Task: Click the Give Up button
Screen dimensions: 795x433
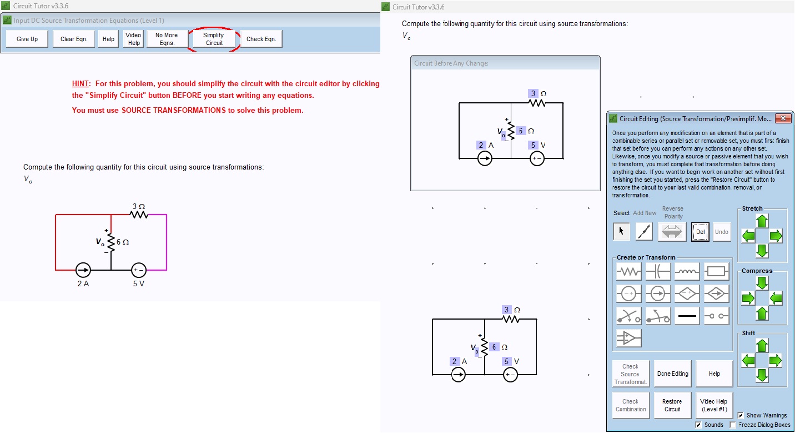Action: [x=27, y=39]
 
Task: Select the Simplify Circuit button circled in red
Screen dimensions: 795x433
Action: [x=213, y=39]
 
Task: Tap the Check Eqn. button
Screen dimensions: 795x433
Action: [x=261, y=39]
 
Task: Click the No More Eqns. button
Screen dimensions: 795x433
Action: [x=167, y=39]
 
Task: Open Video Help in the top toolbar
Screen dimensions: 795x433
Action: [x=133, y=39]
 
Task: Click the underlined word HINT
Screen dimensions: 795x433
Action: [x=80, y=83]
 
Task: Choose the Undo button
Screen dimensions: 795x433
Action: [x=722, y=232]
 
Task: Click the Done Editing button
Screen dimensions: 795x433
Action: [x=672, y=374]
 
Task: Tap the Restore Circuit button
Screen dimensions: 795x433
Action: [x=672, y=405]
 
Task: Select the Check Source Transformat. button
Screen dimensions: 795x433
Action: [x=631, y=374]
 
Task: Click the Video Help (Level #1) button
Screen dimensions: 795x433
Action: [x=714, y=405]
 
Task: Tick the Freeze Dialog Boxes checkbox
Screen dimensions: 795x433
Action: [x=733, y=425]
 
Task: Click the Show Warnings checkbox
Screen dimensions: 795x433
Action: [x=741, y=415]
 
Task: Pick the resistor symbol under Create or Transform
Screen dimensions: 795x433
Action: [x=628, y=272]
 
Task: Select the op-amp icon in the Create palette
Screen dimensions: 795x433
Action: [x=628, y=338]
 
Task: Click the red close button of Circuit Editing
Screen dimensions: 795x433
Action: [x=783, y=118]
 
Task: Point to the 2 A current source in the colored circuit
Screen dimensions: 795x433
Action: [x=83, y=270]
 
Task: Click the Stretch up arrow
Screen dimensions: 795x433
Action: [x=762, y=221]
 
